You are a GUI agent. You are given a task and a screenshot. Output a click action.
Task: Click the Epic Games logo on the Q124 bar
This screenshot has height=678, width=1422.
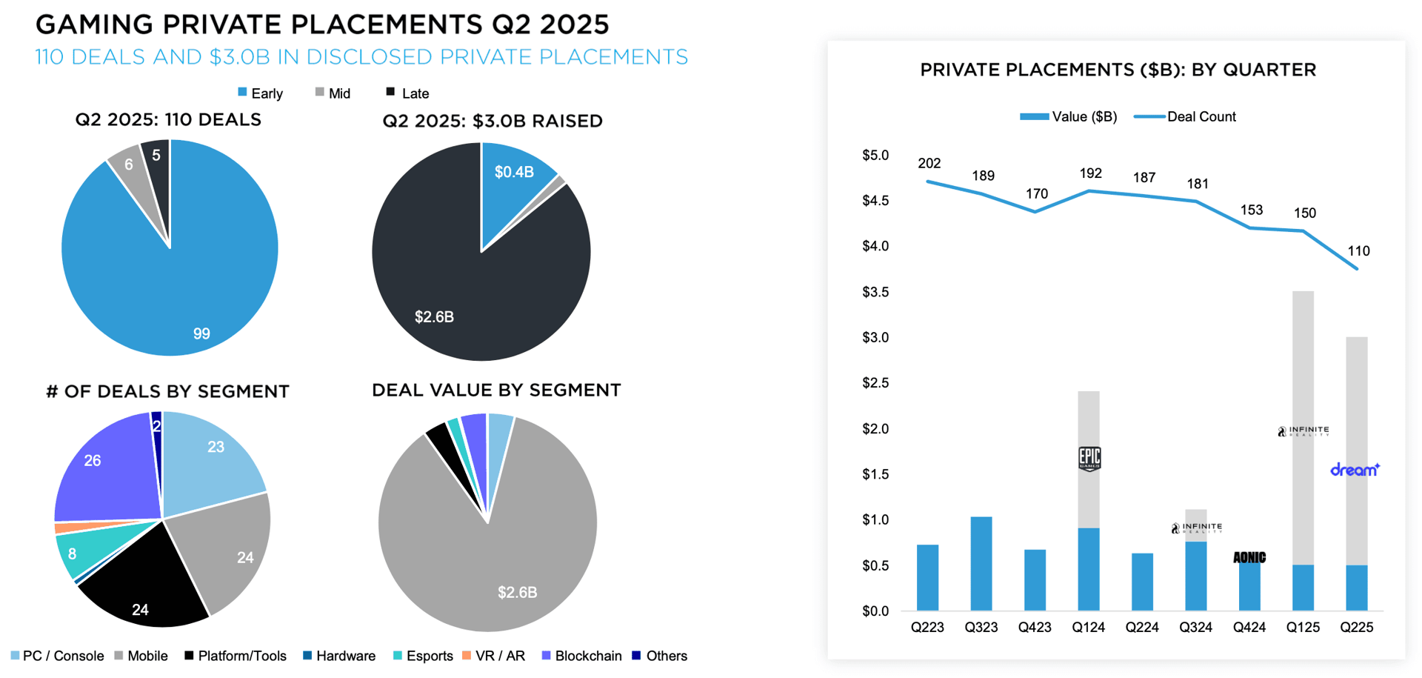(1089, 459)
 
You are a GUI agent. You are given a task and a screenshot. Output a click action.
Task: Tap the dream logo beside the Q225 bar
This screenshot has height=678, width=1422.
(1355, 469)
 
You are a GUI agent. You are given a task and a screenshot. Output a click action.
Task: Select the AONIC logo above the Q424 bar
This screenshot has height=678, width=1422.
(1249, 557)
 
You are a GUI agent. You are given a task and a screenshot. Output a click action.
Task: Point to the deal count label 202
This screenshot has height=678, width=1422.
(929, 163)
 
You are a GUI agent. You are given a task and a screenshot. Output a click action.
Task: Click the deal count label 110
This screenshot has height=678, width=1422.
(1358, 251)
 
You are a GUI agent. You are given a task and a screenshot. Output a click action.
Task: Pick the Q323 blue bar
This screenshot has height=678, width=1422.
(981, 563)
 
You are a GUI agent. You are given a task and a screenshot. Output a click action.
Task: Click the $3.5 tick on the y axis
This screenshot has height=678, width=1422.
(875, 292)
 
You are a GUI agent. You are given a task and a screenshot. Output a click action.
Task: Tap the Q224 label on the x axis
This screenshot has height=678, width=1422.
(1142, 628)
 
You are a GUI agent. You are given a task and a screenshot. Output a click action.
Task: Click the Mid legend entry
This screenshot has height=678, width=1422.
(333, 93)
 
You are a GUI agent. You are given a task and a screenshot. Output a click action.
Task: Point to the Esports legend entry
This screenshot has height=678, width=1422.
(423, 656)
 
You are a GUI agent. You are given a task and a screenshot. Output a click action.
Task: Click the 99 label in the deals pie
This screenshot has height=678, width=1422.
(201, 333)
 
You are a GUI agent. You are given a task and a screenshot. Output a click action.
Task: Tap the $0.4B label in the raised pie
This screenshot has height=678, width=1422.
(514, 173)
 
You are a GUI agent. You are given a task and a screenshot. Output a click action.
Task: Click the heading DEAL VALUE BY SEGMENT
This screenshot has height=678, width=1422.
(496, 390)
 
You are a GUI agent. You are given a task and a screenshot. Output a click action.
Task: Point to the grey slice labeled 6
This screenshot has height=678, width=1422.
(129, 164)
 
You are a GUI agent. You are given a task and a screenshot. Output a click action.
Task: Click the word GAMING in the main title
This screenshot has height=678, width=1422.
(94, 24)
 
